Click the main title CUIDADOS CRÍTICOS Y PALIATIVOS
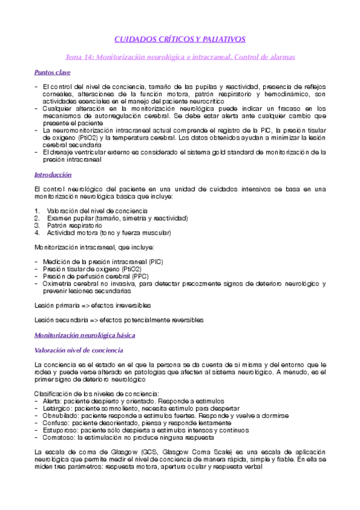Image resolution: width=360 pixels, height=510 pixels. pos(180,39)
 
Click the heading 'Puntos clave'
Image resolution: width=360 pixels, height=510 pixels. pos(52,73)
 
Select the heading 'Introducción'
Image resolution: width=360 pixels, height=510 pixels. pos(53,174)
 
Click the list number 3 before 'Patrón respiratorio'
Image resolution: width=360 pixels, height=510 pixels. pos(37,225)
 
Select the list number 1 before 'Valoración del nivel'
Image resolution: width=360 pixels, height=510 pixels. pos(37,210)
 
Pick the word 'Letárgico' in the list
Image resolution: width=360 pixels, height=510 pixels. pos(59,408)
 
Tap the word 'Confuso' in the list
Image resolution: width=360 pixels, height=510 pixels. pos(57,423)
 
